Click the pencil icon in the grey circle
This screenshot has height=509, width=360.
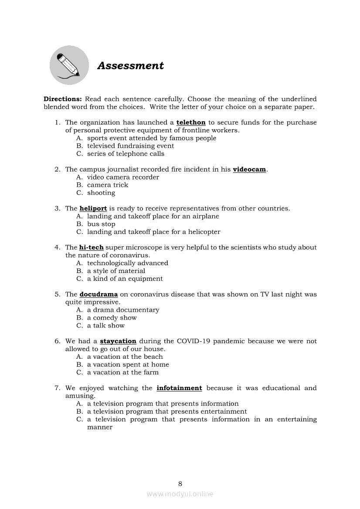coord(69,65)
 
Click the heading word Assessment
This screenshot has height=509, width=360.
coord(130,66)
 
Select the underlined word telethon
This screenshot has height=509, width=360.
coord(190,123)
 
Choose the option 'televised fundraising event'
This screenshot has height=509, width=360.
coord(130,146)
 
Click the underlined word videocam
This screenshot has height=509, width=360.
coord(249,169)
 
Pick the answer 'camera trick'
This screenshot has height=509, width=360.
coord(108,185)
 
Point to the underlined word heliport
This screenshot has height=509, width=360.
coord(93,209)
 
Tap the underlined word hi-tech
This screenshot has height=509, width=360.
coord(91,247)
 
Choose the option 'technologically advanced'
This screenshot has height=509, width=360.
coord(127,263)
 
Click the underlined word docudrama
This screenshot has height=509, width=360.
coord(98,294)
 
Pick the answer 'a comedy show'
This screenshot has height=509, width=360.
coord(112,318)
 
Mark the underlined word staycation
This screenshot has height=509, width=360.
coord(118,341)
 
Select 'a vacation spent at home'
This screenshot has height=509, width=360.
coord(128,365)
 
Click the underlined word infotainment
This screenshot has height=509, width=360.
coord(179,388)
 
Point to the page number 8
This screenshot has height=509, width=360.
coord(180,484)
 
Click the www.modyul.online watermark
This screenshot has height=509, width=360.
coord(180,494)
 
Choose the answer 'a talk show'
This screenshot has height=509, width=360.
coord(105,326)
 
